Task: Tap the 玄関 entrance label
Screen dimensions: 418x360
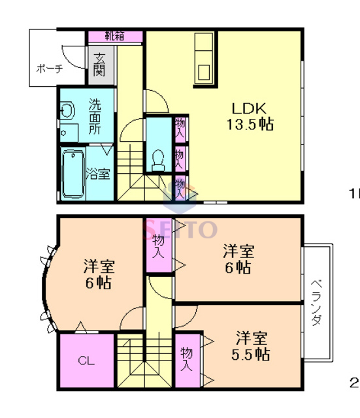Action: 99,63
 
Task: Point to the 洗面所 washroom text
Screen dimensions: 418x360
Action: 95,117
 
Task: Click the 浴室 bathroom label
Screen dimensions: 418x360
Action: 99,174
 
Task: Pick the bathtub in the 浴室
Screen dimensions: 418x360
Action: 72,174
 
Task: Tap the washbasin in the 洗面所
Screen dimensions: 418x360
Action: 67,112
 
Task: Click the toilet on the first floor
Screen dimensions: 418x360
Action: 157,159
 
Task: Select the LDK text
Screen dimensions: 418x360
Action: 249,108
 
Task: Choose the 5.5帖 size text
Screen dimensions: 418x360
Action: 252,355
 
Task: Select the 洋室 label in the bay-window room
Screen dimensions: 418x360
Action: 99,266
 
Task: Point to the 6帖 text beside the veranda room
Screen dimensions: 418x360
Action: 238,267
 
